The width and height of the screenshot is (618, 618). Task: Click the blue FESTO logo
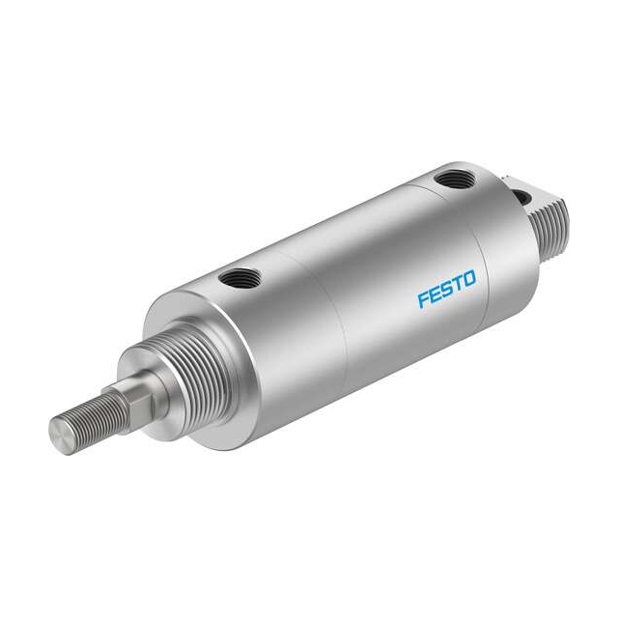point(447,290)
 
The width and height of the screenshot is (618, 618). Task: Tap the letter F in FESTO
point(424,299)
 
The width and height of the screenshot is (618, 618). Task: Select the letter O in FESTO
point(468,280)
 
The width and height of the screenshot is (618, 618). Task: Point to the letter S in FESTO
point(447,290)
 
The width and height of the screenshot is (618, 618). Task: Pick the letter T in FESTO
point(458,285)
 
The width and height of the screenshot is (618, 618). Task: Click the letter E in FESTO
point(435,295)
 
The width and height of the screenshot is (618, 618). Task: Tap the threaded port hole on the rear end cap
point(449,180)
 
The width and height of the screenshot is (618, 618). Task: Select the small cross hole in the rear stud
point(521,197)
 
